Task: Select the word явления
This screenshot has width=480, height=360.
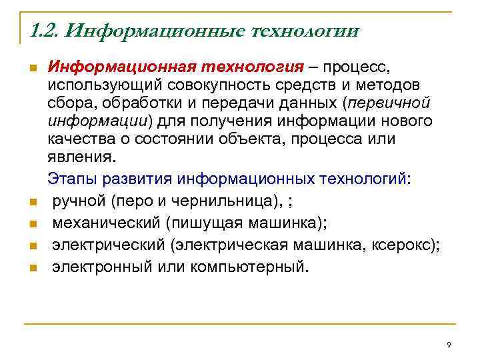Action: tap(80, 157)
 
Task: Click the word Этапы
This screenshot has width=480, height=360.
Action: tap(70, 179)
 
